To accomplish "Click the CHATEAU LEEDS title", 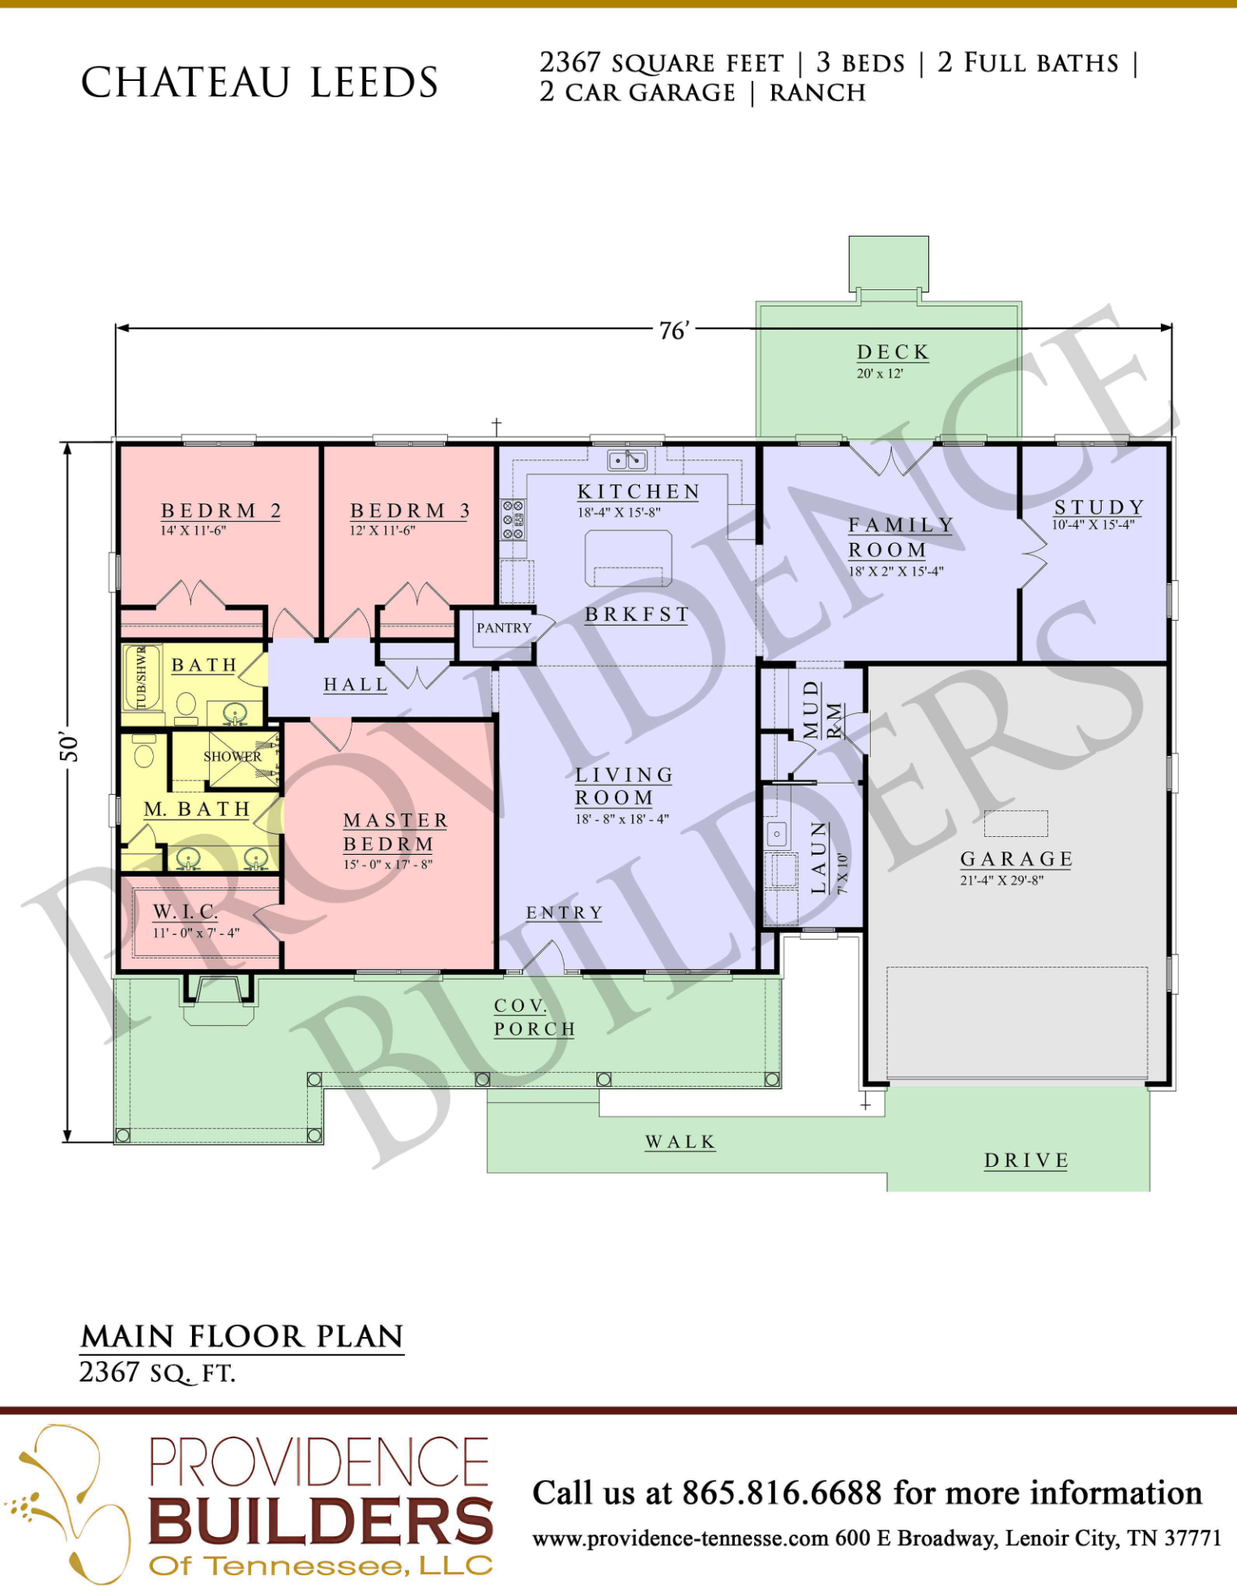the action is (x=259, y=83).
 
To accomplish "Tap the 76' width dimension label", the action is (x=673, y=331).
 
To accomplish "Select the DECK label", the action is (x=893, y=352).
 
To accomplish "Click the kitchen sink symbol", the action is (x=627, y=460).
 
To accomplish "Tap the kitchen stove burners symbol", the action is (x=513, y=519).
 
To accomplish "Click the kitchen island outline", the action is (x=629, y=557).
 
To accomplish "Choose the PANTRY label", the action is (x=504, y=628).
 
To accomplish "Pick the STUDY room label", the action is (x=1099, y=507).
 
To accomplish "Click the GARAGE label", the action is (x=1017, y=859).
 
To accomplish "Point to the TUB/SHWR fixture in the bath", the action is (x=143, y=677).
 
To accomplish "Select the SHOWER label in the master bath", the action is (x=232, y=756).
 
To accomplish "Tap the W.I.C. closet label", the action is (x=186, y=912).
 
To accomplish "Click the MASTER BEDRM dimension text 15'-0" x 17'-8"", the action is (x=388, y=865).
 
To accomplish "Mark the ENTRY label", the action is (x=565, y=913).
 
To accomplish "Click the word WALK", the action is (x=680, y=1142).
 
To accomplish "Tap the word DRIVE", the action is (x=1026, y=1160).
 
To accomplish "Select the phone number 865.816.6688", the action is (x=782, y=1493).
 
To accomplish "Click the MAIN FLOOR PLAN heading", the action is (x=242, y=1336).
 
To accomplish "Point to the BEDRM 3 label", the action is (x=410, y=510).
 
